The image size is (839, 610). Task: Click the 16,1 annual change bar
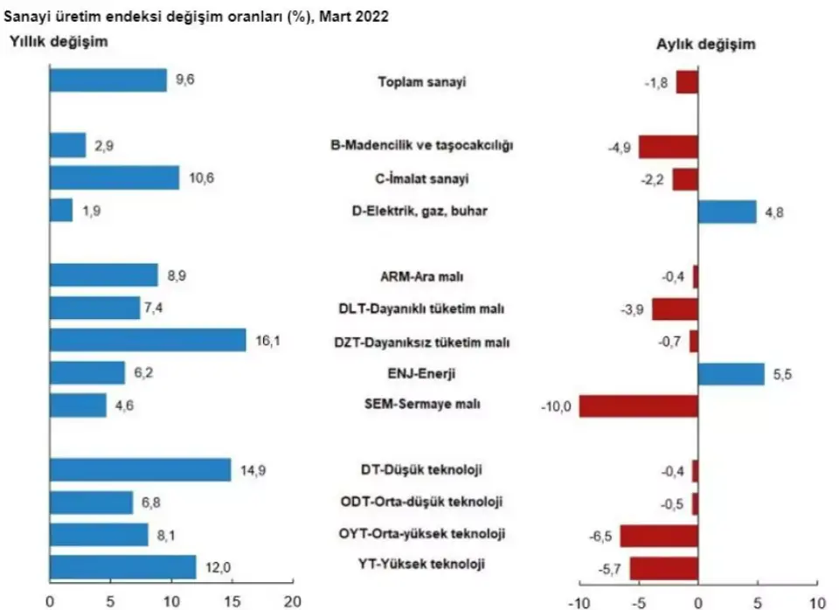[148, 340]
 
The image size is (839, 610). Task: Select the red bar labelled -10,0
[638, 406]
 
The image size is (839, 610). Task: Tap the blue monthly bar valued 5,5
[731, 373]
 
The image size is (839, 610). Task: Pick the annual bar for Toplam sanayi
[107, 81]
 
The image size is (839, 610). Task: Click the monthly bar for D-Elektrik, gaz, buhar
[726, 211]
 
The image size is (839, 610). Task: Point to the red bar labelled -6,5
[659, 534]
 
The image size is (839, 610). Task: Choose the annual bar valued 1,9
[61, 211]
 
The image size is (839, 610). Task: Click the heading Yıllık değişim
[59, 41]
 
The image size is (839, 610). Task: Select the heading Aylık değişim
[706, 45]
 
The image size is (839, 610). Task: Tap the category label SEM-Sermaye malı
[423, 406]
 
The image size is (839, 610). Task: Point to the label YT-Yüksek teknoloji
[423, 565]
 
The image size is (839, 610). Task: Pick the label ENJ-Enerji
[423, 374]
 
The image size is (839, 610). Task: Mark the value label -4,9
[620, 146]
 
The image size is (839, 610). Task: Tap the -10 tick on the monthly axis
[578, 602]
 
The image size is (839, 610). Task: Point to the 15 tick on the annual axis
[232, 601]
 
